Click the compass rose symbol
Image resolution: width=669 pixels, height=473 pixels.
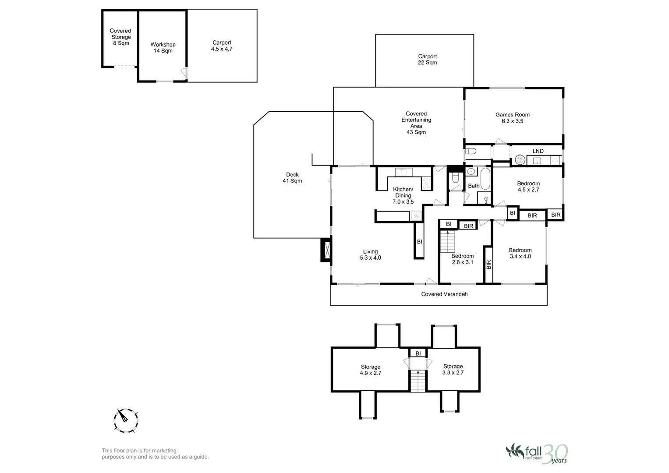[x=126, y=420]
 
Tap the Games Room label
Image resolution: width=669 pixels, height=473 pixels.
[x=512, y=118]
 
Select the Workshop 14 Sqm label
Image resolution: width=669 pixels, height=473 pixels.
[x=163, y=48]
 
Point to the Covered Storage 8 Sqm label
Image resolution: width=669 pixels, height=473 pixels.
[x=120, y=37]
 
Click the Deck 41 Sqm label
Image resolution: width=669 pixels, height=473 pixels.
[x=292, y=178]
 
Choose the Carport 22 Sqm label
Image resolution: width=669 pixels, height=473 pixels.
[x=427, y=60]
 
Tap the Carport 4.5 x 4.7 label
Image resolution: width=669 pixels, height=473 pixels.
[x=222, y=46]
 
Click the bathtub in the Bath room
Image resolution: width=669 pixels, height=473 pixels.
[x=485, y=178]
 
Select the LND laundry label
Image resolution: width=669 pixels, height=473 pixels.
[x=538, y=151]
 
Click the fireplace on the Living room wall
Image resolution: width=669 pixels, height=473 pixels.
[x=326, y=251]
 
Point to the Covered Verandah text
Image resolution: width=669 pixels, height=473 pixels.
[x=444, y=294]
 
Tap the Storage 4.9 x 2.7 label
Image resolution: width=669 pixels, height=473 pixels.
[x=371, y=370]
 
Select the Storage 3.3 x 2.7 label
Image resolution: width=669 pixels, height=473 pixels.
[x=453, y=370]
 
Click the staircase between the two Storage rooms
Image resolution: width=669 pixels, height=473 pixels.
[x=418, y=381]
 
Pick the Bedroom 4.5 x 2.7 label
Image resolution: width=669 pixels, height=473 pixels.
[x=528, y=187]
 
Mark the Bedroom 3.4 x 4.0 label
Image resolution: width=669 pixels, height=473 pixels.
[x=520, y=254]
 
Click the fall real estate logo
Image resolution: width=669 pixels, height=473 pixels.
[x=537, y=453]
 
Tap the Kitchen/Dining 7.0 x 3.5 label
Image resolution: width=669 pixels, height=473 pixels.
[x=403, y=196]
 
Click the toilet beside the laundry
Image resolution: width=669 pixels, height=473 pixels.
[x=471, y=151]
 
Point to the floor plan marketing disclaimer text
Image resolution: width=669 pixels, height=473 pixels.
[x=155, y=454]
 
